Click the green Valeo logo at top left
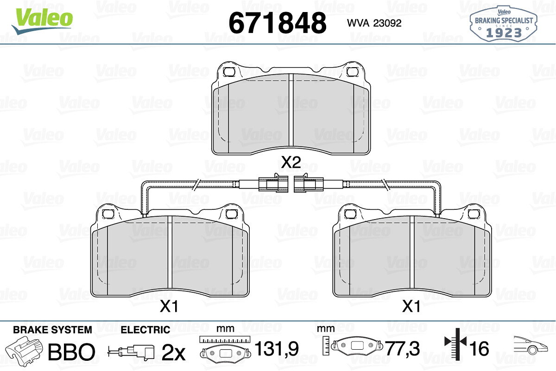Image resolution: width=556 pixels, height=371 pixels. (42, 21)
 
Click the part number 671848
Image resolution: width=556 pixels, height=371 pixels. (277, 23)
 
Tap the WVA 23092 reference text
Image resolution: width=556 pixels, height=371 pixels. (374, 23)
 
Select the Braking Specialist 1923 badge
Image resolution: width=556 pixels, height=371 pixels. (503, 24)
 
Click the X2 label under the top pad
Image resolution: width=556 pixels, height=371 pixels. (291, 162)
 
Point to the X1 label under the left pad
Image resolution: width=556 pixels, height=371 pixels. (169, 306)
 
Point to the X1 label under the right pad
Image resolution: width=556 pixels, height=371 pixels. (411, 306)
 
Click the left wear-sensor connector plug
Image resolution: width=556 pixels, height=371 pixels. (273, 183)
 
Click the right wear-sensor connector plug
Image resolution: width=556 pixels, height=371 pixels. (309, 183)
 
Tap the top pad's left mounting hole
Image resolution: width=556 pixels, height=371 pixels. (229, 72)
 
